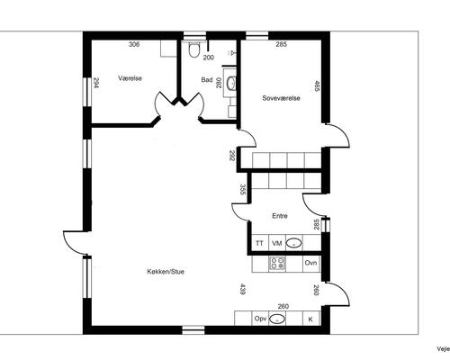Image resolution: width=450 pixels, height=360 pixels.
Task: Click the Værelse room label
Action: tap(132, 77)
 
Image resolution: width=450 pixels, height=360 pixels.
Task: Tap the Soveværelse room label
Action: tap(281, 97)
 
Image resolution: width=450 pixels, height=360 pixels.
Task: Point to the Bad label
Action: tap(207, 80)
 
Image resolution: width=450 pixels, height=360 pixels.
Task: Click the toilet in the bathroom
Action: tap(194, 51)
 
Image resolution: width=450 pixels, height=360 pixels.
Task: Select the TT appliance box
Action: tap(259, 244)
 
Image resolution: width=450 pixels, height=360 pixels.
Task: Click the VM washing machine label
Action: tap(277, 244)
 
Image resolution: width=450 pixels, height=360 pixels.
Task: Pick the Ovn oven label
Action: tap(310, 263)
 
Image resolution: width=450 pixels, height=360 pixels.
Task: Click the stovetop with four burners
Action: tap(278, 264)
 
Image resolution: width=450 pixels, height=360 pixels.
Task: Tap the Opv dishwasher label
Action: tap(260, 319)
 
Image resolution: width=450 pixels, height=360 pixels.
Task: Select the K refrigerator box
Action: tap(310, 319)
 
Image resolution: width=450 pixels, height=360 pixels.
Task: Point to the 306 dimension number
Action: tap(134, 44)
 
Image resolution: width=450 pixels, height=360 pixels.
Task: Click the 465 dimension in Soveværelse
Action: tap(317, 87)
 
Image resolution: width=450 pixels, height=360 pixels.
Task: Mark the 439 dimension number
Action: tap(242, 289)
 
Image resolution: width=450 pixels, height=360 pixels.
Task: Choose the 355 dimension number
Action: tap(243, 190)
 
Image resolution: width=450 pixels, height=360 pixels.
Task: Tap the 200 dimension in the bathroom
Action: tap(208, 57)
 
